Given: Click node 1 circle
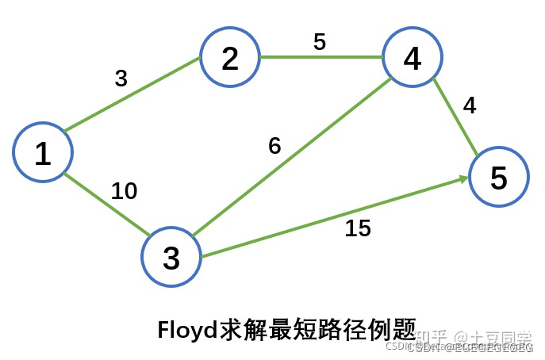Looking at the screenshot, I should (43, 152).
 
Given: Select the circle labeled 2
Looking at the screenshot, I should (229, 58).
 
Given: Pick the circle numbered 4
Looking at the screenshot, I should (412, 58).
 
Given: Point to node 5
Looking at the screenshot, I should (497, 178).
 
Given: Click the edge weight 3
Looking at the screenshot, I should (121, 78).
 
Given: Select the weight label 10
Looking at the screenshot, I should (124, 191).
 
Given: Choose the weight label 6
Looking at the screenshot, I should (274, 147).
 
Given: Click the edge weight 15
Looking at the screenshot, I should (358, 228).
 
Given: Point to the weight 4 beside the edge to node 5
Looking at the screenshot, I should (470, 105).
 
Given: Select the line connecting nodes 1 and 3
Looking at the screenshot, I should (107, 204).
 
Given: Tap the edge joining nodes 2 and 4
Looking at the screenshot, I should (320, 57).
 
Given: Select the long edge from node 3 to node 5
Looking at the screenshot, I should (333, 218).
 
